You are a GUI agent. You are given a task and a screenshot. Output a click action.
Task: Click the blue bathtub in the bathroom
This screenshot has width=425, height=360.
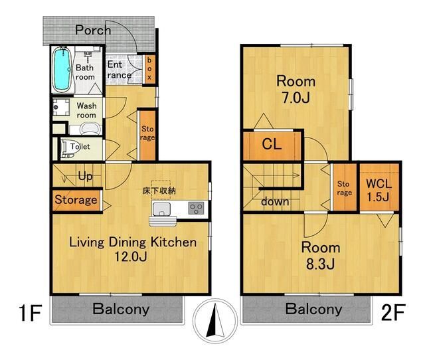(62, 69)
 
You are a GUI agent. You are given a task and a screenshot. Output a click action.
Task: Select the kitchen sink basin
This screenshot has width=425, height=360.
(161, 209)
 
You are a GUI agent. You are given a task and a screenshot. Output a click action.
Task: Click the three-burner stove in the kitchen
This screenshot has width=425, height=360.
(196, 208)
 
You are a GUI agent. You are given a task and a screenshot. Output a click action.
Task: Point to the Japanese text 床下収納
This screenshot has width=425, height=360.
(159, 191)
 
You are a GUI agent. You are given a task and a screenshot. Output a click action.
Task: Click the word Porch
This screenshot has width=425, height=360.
(93, 30)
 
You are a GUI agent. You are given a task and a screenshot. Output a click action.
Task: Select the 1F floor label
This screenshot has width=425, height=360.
(31, 313)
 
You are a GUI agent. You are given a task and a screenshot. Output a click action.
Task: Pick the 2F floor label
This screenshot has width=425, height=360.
(393, 312)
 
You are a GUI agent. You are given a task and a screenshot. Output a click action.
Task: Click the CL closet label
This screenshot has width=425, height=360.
(272, 144)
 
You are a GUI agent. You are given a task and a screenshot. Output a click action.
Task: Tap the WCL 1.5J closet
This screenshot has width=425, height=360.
(379, 187)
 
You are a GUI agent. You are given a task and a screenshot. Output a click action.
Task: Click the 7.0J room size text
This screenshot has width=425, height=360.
(296, 98)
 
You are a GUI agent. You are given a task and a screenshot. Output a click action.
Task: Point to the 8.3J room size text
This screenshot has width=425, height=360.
(320, 264)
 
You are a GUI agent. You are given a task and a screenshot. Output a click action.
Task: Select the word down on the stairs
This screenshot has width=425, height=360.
(275, 201)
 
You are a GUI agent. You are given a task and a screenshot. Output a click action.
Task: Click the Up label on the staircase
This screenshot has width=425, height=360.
(86, 177)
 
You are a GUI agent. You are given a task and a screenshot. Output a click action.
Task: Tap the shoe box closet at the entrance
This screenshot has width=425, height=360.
(149, 69)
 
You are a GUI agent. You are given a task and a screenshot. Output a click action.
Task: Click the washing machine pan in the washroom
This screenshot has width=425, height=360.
(61, 108)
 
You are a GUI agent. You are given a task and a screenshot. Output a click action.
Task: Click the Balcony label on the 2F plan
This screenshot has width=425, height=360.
(313, 309)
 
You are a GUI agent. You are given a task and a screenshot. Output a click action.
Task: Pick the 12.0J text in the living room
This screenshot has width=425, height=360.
(131, 256)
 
